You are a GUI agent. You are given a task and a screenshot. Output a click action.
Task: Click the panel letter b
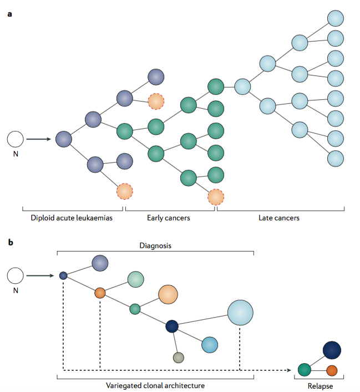[10, 242]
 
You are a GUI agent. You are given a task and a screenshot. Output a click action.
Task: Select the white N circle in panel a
[16, 139]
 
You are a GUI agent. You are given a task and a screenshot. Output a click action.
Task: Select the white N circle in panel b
[16, 275]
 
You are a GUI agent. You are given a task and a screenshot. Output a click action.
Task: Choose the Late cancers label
[279, 218]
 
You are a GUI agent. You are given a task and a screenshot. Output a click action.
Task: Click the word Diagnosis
[155, 244]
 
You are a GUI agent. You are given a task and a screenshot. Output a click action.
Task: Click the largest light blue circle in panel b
[240, 313]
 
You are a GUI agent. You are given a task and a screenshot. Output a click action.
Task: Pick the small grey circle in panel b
[178, 357]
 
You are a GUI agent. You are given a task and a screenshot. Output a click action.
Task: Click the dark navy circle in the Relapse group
[332, 350]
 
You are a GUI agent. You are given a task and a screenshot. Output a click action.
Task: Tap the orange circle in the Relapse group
[332, 370]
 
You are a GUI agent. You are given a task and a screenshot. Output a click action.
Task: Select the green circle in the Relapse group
[303, 370]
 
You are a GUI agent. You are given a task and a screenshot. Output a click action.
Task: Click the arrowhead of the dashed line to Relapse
[290, 370]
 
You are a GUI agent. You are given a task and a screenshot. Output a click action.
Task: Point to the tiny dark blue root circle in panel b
[63, 275]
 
